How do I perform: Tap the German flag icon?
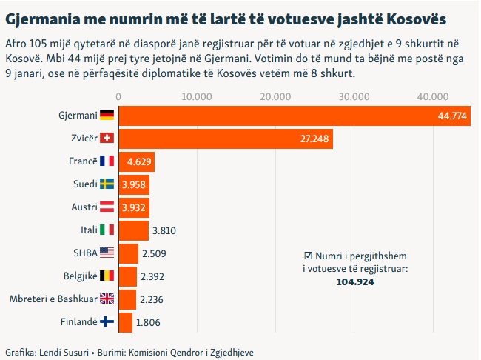pyautogui.click(x=107, y=116)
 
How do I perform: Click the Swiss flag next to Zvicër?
pyautogui.click(x=107, y=139)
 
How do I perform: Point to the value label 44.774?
pyautogui.click(x=452, y=116)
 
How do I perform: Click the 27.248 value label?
pyautogui.click(x=314, y=139)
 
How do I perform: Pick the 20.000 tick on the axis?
pyautogui.click(x=275, y=96)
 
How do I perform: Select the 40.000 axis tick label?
pyautogui.click(x=432, y=96)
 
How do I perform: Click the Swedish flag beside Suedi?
pyautogui.click(x=107, y=184)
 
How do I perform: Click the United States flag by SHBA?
pyautogui.click(x=107, y=253)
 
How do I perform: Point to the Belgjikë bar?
pyautogui.click(x=128, y=276)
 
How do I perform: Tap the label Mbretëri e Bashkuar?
pyautogui.click(x=52, y=299)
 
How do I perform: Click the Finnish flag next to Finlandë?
pyautogui.click(x=107, y=322)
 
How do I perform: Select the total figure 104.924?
pyautogui.click(x=355, y=281)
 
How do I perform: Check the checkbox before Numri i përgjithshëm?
pyautogui.click(x=309, y=254)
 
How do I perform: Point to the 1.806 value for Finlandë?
pyautogui.click(x=149, y=322)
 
